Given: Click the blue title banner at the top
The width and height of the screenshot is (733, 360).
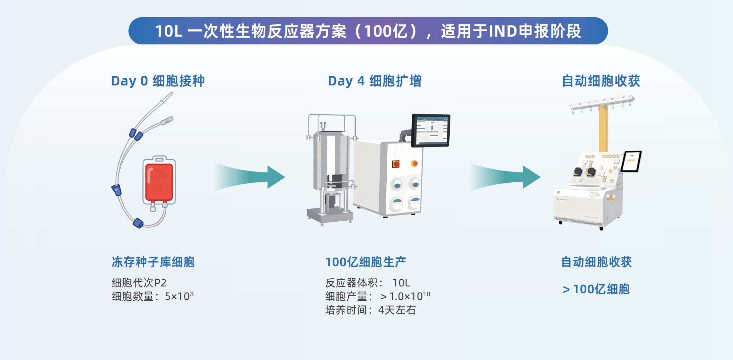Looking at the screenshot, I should click(x=368, y=31).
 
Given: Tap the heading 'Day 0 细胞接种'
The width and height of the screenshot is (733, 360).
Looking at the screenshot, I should click(x=158, y=81).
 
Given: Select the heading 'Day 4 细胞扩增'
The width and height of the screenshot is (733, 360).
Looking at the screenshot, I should click(x=374, y=81).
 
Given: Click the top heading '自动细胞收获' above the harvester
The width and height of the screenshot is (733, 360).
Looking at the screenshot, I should click(x=601, y=81).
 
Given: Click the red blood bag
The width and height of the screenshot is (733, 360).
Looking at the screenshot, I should click(x=159, y=181).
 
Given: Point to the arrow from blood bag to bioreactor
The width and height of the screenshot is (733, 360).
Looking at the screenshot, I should click(x=251, y=177).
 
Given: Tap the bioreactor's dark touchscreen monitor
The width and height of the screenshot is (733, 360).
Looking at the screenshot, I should click(x=431, y=130).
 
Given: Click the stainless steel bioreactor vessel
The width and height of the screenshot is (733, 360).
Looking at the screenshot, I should click(x=330, y=159).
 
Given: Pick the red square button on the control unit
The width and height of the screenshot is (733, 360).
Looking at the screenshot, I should click(x=395, y=164).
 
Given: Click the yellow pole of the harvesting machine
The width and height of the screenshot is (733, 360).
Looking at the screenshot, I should click(x=603, y=129).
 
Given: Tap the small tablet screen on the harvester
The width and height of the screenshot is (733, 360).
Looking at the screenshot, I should click(x=631, y=161).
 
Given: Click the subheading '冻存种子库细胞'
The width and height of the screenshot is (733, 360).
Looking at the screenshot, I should click(x=153, y=262).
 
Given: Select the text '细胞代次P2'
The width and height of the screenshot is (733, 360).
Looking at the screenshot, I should click(x=139, y=282).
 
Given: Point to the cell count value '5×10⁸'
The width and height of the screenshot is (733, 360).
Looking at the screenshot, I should click(x=179, y=296).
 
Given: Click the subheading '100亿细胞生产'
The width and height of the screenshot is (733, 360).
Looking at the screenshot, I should click(x=366, y=262).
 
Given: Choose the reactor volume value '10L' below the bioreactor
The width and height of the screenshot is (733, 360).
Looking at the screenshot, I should click(x=401, y=282).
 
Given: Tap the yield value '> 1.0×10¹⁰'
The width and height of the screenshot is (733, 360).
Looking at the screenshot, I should click(x=405, y=296).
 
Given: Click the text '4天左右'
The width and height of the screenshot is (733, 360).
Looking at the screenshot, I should click(x=397, y=310).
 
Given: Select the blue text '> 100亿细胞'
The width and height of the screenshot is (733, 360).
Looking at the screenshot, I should click(x=596, y=289).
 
